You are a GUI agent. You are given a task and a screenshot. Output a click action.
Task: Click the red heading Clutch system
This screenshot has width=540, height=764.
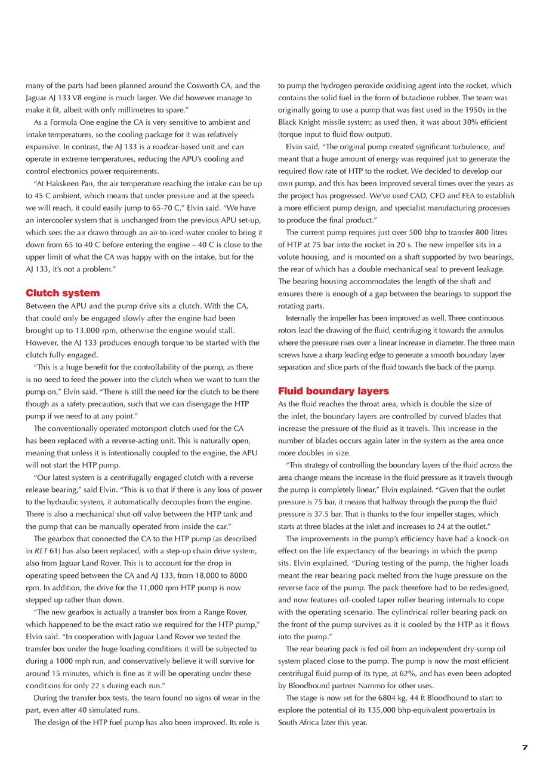(x=63, y=293)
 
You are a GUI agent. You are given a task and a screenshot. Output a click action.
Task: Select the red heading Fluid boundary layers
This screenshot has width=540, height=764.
(x=333, y=391)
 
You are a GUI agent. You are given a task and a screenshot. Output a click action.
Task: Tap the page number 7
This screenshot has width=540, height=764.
(x=524, y=747)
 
